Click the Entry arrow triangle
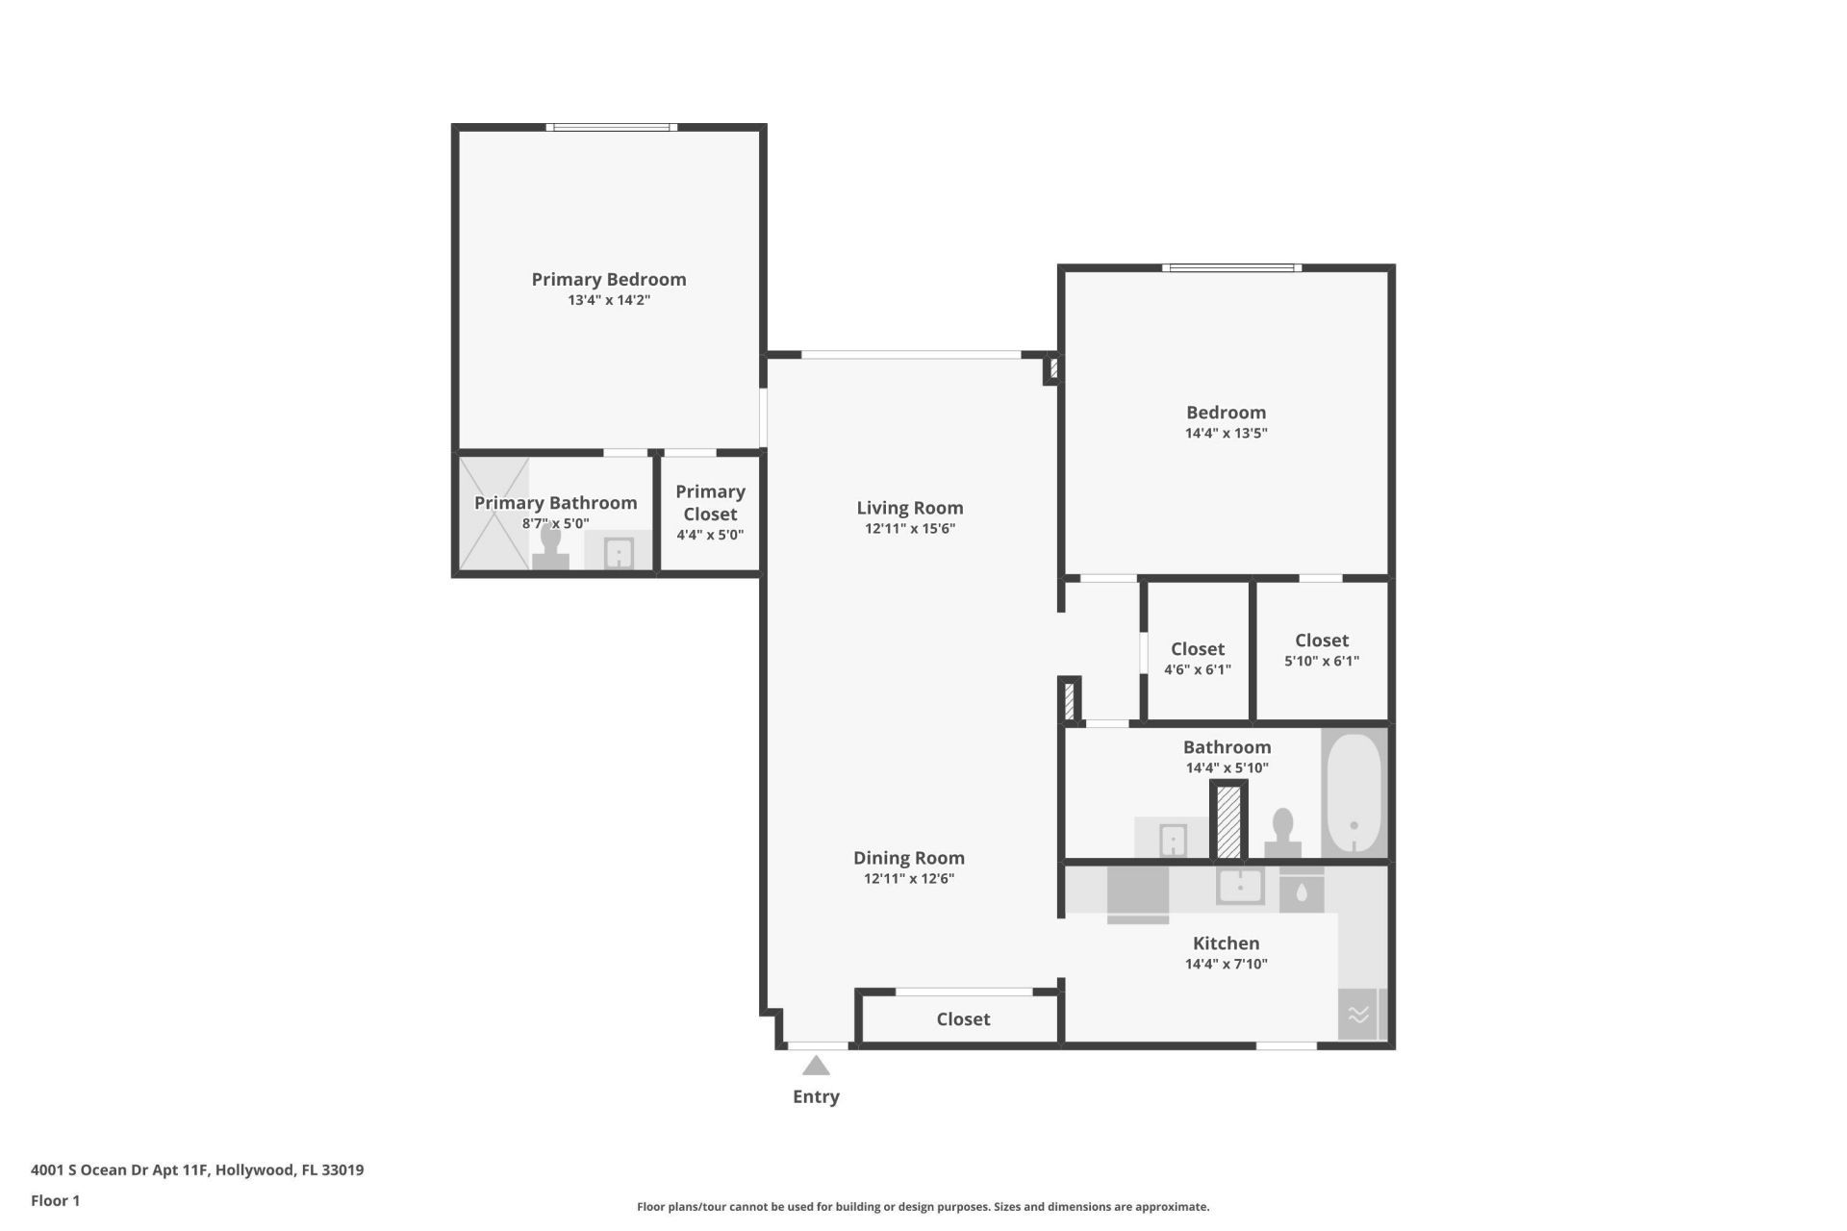[816, 1066]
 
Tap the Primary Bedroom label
[609, 279]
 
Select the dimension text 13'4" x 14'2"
[609, 300]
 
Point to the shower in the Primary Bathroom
[493, 514]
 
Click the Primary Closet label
[710, 502]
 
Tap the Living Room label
[909, 508]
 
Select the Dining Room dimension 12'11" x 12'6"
[908, 878]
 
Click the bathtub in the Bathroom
[1354, 794]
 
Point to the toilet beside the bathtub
[1282, 834]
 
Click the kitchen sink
[1240, 886]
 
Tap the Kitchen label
[1226, 943]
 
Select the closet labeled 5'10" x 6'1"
[1322, 650]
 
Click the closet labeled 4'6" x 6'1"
[1198, 658]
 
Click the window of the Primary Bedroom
[612, 127]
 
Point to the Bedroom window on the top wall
[1231, 267]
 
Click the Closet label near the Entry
[963, 1018]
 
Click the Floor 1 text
[55, 1200]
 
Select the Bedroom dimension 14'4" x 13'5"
[1226, 434]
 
